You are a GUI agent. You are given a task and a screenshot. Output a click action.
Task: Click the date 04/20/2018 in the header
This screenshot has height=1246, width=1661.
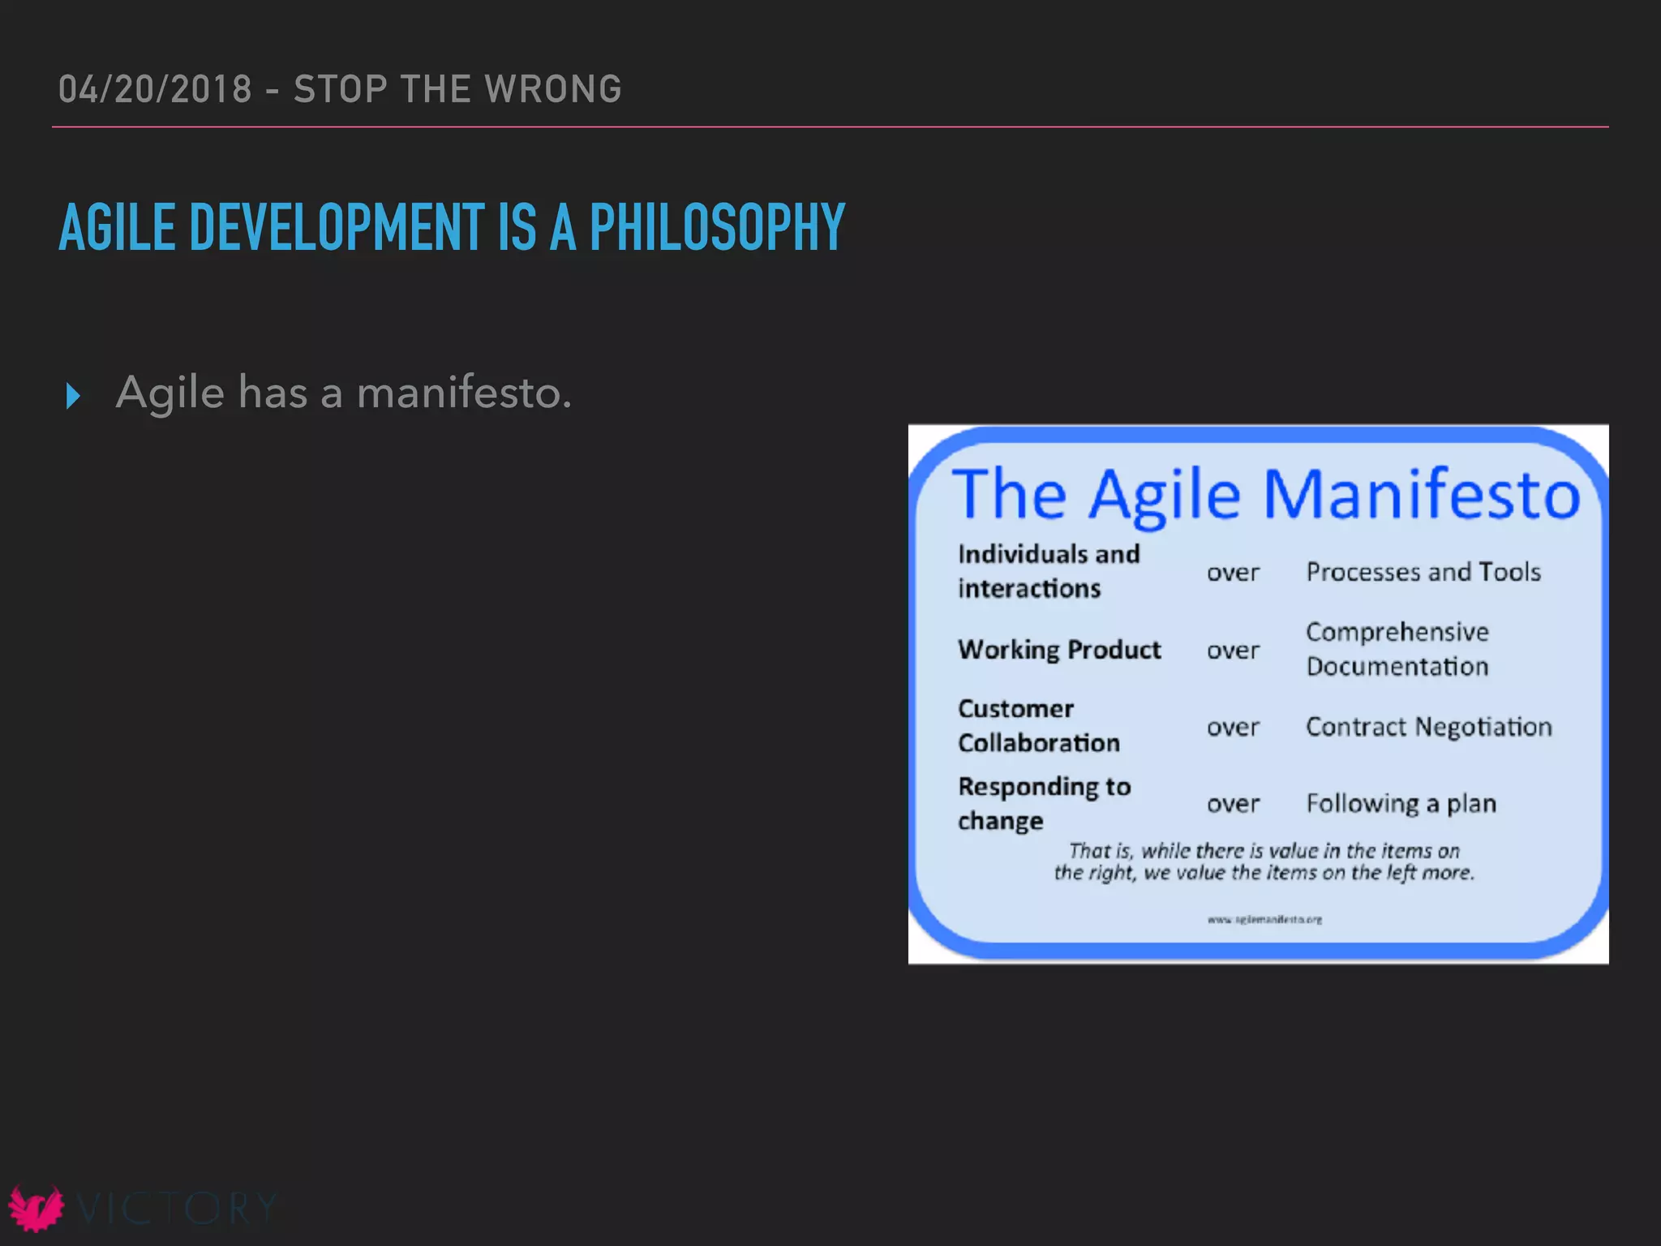pyautogui.click(x=155, y=89)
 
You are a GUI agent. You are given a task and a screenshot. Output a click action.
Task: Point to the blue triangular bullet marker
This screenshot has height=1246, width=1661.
pyautogui.click(x=73, y=396)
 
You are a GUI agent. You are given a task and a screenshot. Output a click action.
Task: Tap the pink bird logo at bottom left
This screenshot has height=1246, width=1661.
pyautogui.click(x=36, y=1208)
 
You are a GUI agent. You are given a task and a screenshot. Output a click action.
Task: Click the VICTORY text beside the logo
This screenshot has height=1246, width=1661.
pyautogui.click(x=176, y=1209)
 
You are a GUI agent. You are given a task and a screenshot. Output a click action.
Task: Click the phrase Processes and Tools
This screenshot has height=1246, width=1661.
pyautogui.click(x=1423, y=572)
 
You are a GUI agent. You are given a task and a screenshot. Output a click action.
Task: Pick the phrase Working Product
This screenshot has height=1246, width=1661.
pyautogui.click(x=1059, y=650)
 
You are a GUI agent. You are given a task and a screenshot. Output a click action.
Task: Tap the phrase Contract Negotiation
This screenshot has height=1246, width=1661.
pyautogui.click(x=1428, y=727)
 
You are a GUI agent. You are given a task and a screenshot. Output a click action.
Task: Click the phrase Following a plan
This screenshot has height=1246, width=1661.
pyautogui.click(x=1401, y=803)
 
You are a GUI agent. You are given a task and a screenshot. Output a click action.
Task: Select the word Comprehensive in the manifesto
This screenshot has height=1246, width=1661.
pyautogui.click(x=1397, y=632)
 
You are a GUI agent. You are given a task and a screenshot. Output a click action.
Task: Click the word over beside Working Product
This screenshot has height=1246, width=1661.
pyautogui.click(x=1233, y=651)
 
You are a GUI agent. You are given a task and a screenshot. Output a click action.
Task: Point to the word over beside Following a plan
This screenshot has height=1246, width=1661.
pyautogui.click(x=1233, y=804)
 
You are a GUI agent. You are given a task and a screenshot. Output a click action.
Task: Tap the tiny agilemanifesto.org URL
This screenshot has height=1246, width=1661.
pyautogui.click(x=1264, y=919)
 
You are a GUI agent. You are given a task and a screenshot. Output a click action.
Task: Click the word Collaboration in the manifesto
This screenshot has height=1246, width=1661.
pyautogui.click(x=1038, y=743)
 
